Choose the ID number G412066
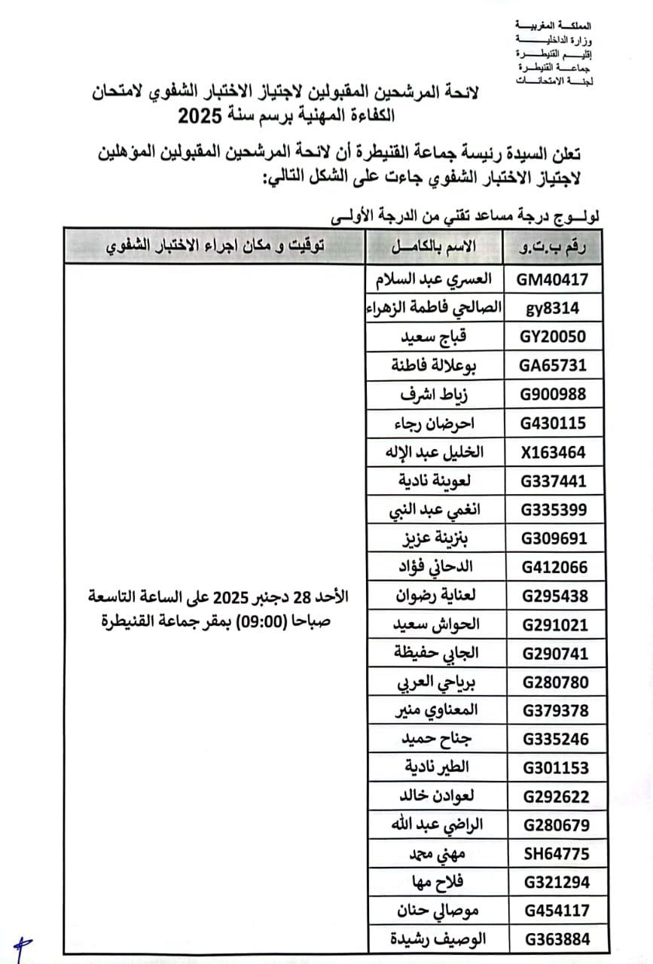tap(555, 568)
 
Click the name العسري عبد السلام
tap(433, 279)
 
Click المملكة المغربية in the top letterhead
tap(556, 25)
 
